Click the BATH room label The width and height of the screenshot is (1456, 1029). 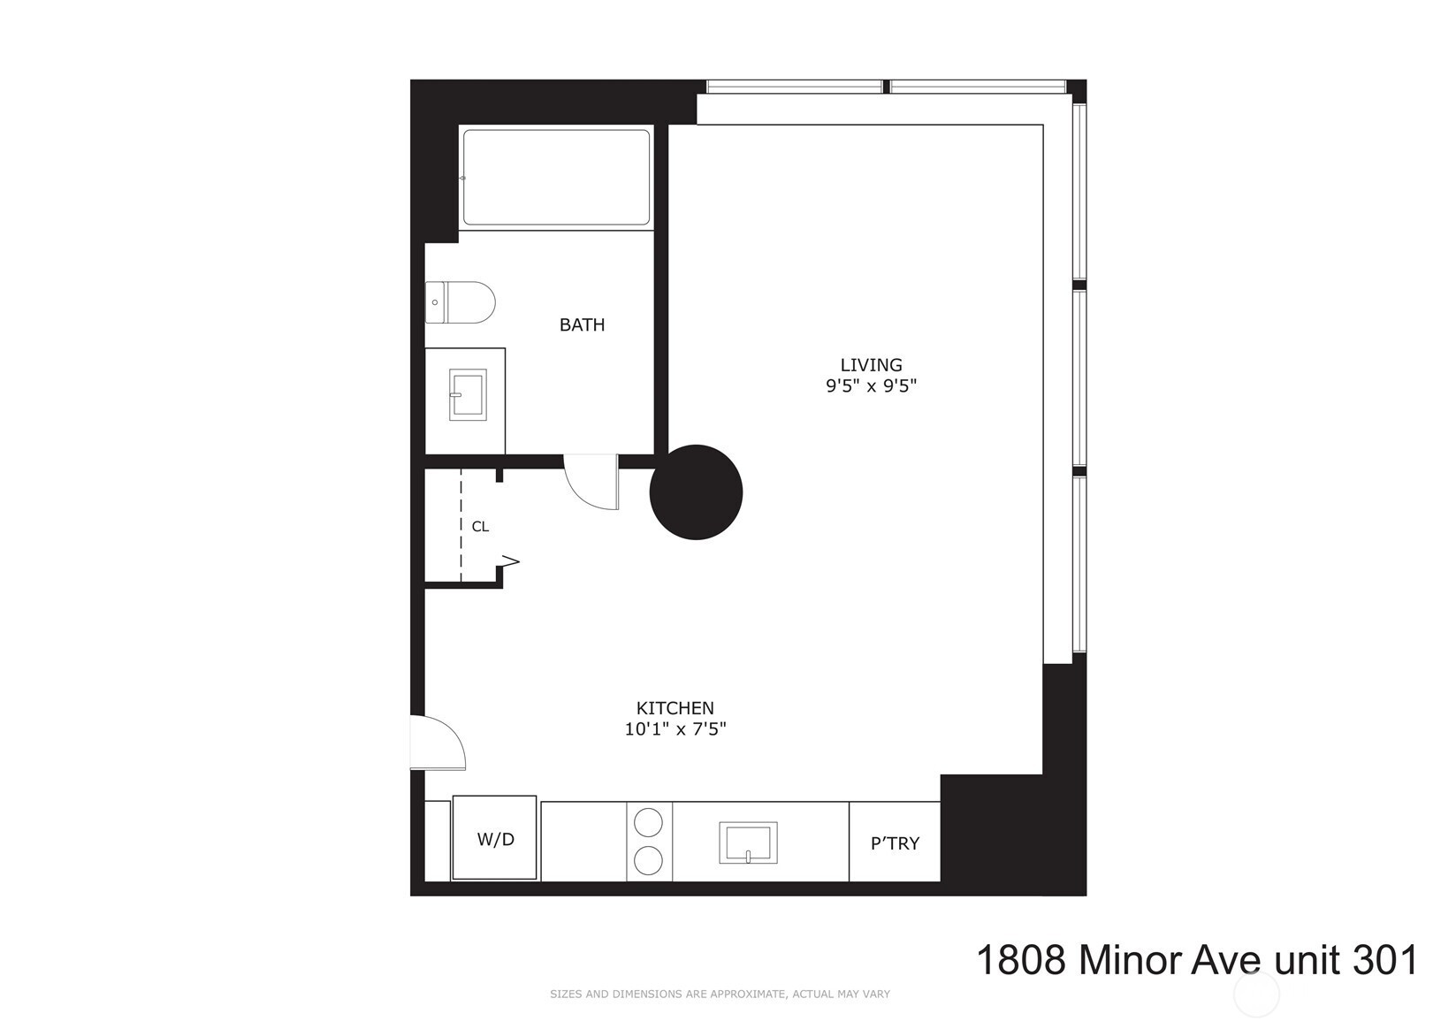click(x=582, y=324)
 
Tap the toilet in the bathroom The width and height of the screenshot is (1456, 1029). click(x=461, y=302)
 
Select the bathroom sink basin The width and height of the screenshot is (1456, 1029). click(x=468, y=394)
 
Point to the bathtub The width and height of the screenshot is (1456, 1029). click(x=556, y=178)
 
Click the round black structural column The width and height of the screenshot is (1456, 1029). click(x=696, y=492)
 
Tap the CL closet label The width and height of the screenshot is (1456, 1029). click(x=480, y=527)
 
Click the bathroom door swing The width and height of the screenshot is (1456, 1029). click(x=591, y=482)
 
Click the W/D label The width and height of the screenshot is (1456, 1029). click(x=495, y=839)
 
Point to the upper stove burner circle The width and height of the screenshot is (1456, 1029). click(x=648, y=822)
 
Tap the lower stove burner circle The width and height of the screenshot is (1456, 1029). click(x=648, y=861)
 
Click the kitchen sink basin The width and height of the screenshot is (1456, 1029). click(x=748, y=842)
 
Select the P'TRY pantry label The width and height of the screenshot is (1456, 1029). click(x=895, y=843)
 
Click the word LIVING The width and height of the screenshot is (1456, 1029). click(x=871, y=365)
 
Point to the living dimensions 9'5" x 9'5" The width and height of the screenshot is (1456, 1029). click(x=871, y=386)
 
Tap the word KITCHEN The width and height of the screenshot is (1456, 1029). click(x=675, y=708)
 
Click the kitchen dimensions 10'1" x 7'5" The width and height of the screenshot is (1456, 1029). click(x=675, y=729)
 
